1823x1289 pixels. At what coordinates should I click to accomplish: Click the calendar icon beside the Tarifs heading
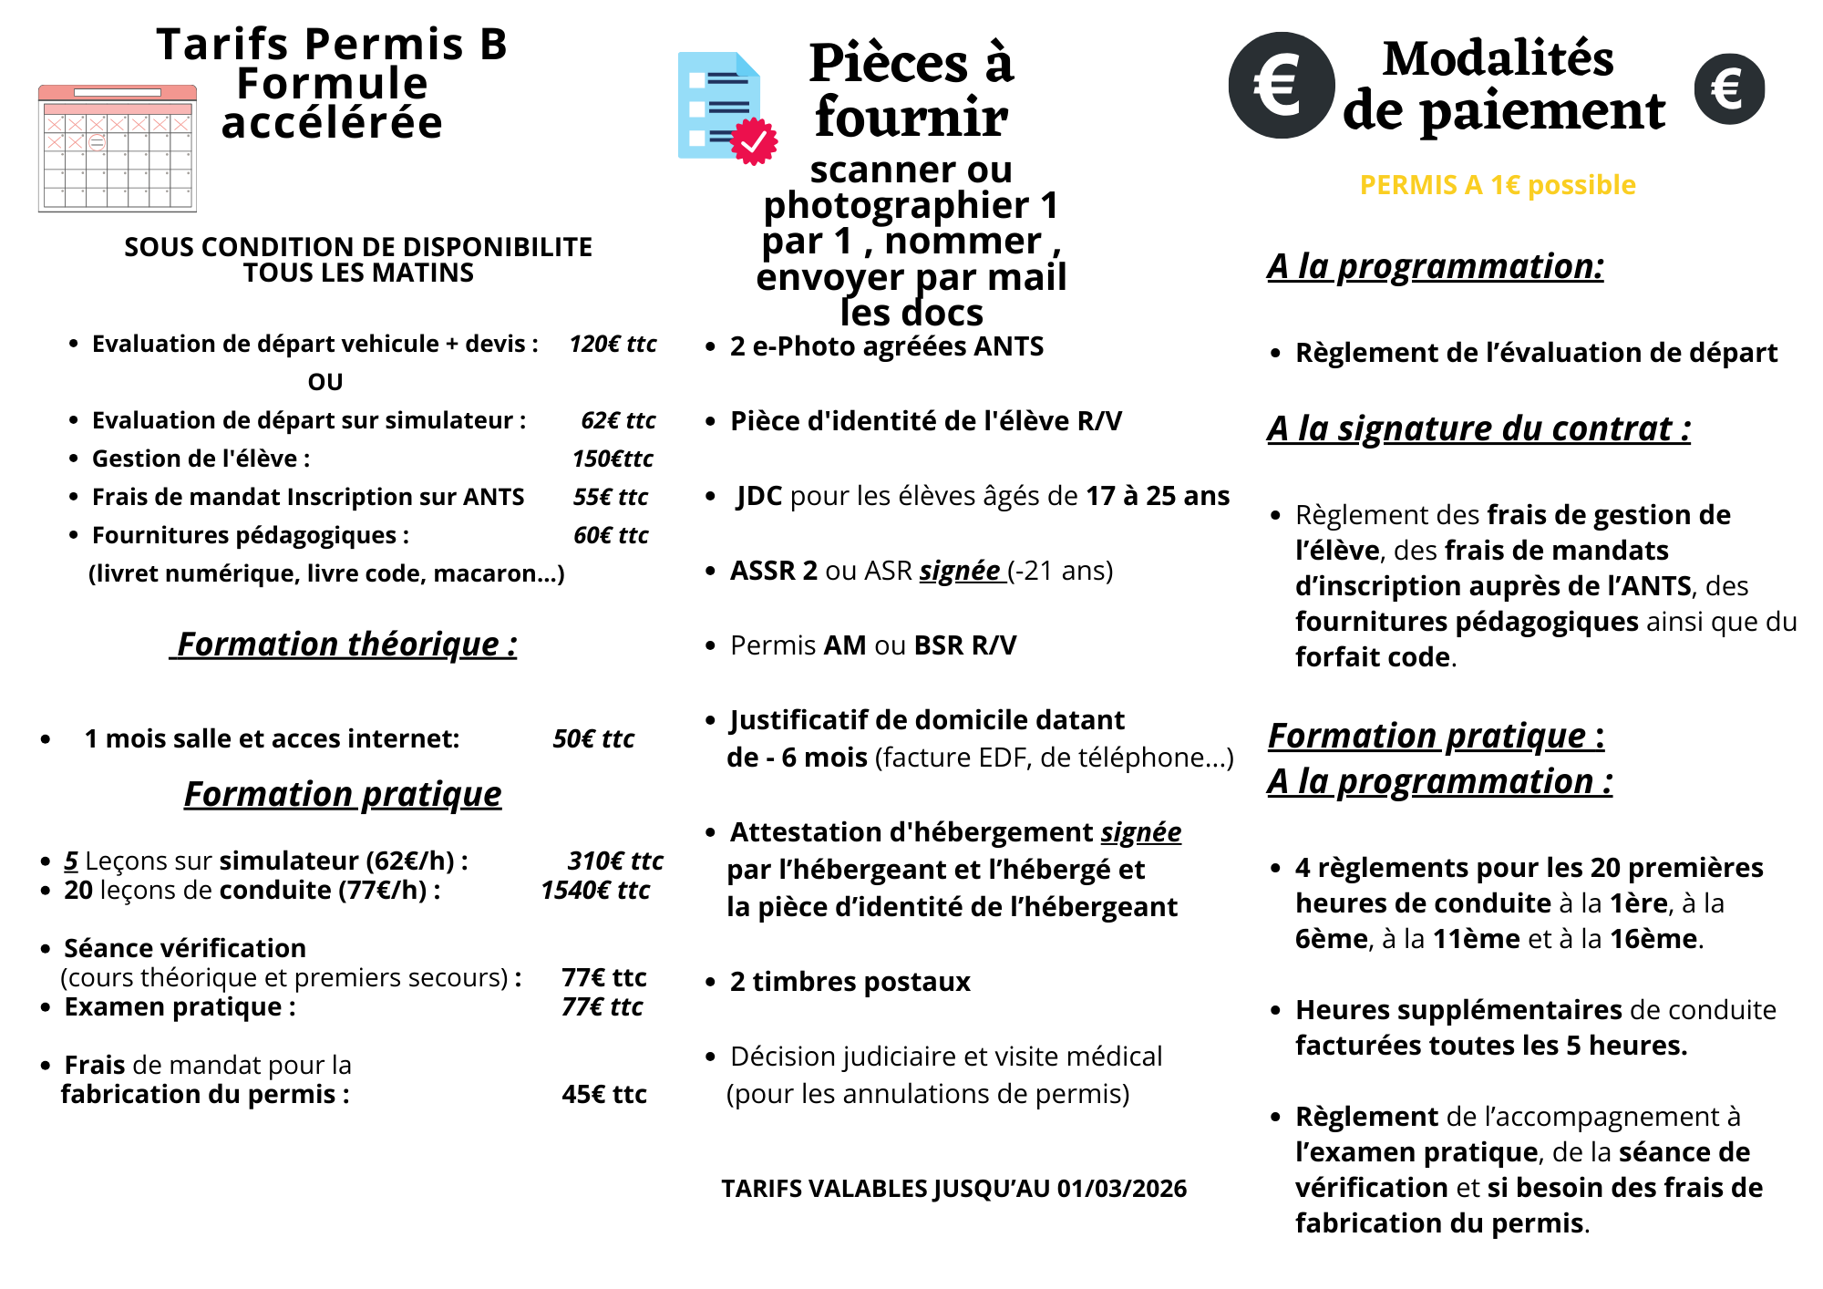pyautogui.click(x=118, y=149)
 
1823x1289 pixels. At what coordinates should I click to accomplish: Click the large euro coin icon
pyautogui.click(x=1281, y=86)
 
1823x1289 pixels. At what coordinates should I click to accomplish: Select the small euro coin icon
pyautogui.click(x=1729, y=89)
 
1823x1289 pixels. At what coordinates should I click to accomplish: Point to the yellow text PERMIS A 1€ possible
pyautogui.click(x=1498, y=185)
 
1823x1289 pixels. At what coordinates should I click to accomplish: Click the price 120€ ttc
pyautogui.click(x=613, y=344)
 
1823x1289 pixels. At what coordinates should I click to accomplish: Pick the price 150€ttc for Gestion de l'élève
pyautogui.click(x=613, y=459)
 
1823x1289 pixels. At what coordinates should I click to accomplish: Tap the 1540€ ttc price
pyautogui.click(x=595, y=890)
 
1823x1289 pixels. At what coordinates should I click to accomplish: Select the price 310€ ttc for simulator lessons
pyautogui.click(x=615, y=861)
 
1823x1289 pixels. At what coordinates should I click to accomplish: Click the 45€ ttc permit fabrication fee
pyautogui.click(x=604, y=1094)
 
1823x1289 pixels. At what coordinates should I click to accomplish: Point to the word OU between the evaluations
pyautogui.click(x=325, y=382)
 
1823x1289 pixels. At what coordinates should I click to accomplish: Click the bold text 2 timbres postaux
pyautogui.click(x=850, y=982)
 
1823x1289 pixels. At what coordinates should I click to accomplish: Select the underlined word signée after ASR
pyautogui.click(x=960, y=571)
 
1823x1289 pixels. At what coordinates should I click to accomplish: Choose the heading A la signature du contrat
pyautogui.click(x=1478, y=428)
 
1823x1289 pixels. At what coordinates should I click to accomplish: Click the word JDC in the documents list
pyautogui.click(x=759, y=496)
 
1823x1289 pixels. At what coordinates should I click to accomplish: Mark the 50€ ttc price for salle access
pyautogui.click(x=593, y=738)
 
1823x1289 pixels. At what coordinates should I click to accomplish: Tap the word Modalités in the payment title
pyautogui.click(x=1498, y=59)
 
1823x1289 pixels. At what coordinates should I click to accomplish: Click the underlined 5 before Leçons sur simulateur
pyautogui.click(x=71, y=861)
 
